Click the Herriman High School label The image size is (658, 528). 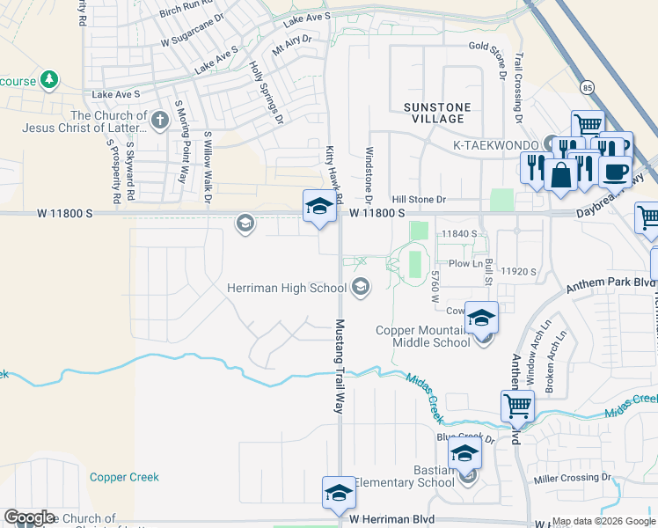pos(287,288)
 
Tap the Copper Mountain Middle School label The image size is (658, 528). pos(423,336)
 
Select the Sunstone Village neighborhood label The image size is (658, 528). pos(437,113)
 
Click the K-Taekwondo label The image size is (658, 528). pos(497,143)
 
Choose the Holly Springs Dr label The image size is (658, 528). pos(265,92)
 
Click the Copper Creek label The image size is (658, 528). pos(124,477)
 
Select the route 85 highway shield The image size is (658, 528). pos(588,87)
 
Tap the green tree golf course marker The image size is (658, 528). pos(49,80)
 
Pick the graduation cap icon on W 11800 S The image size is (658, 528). pos(319,208)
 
